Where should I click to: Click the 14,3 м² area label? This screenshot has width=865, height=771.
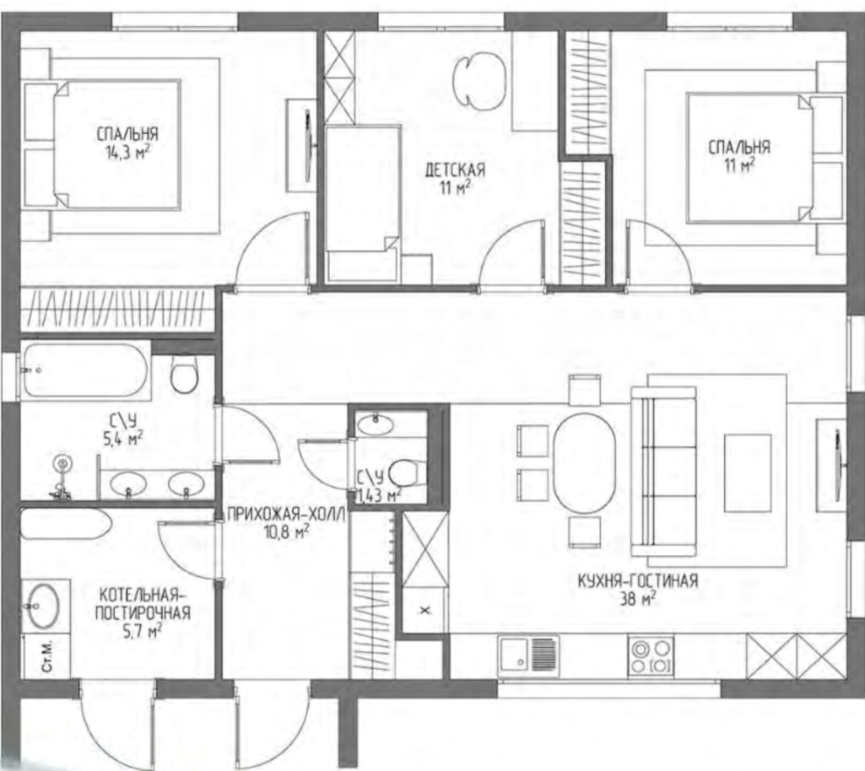(127, 153)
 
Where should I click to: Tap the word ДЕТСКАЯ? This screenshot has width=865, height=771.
(455, 170)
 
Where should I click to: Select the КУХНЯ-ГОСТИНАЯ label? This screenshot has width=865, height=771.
(638, 580)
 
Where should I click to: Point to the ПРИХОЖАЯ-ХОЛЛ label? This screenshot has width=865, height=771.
(286, 515)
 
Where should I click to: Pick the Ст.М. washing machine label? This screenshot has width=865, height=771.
(47, 655)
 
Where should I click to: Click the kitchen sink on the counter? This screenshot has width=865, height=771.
(528, 656)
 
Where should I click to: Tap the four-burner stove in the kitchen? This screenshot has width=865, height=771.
(651, 655)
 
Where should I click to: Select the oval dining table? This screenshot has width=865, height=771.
(584, 463)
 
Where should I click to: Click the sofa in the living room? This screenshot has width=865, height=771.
(663, 471)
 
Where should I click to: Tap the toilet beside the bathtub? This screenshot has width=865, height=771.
(184, 372)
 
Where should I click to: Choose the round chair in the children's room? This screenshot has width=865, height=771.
(478, 81)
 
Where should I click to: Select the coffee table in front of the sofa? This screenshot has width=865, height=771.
(748, 473)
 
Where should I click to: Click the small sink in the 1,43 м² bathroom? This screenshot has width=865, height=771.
(376, 424)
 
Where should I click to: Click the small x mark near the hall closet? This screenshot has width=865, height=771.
(425, 611)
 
